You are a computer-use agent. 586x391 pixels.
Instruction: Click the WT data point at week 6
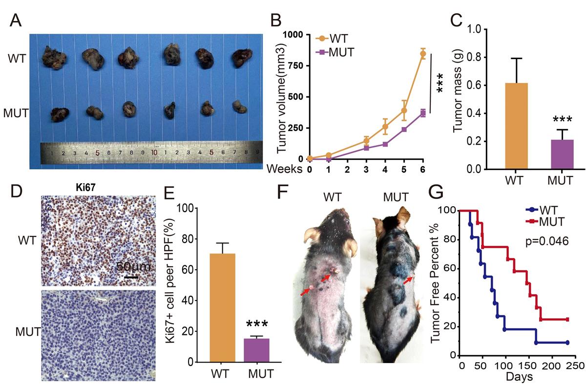423,54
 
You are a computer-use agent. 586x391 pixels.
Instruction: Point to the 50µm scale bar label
131,267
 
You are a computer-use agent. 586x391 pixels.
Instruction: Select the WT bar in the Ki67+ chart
222,308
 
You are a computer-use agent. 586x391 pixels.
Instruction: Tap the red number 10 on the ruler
154,152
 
